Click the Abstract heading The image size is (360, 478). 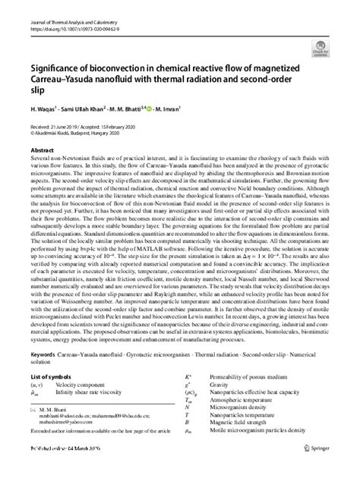pos(43,150)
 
